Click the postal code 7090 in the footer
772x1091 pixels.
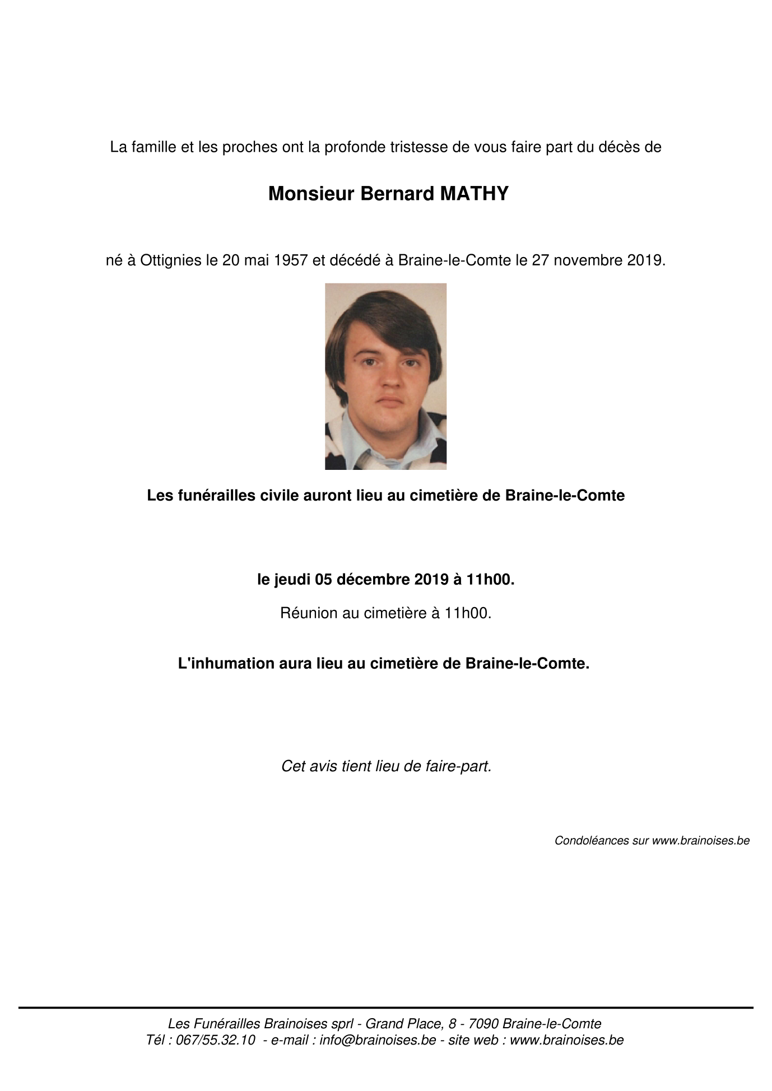(483, 1024)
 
